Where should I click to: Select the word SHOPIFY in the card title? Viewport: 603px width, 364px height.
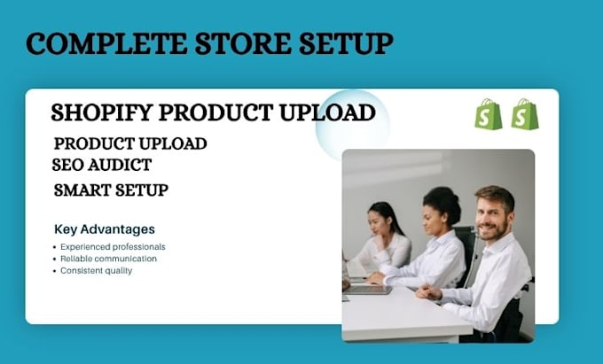(102, 112)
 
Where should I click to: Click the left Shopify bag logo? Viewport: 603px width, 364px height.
(489, 114)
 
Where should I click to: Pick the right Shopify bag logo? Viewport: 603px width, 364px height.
(525, 114)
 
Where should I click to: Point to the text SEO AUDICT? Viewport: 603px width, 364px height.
(101, 165)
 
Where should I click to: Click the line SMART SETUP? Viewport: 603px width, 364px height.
(111, 190)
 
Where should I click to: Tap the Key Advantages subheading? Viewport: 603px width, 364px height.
(105, 229)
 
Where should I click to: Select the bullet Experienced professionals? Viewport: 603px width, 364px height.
(113, 247)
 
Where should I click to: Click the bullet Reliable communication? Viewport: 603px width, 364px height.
(108, 259)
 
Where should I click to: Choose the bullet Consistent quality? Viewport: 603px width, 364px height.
(96, 271)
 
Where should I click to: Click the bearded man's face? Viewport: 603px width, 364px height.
(492, 218)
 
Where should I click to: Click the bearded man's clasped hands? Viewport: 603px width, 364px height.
(429, 292)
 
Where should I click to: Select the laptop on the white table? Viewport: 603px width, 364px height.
(367, 290)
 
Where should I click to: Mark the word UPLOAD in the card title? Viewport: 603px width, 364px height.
(327, 112)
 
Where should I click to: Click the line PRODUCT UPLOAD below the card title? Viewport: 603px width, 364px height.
(130, 144)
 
